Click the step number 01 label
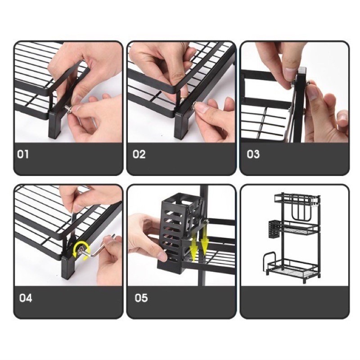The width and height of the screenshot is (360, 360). coord(23,154)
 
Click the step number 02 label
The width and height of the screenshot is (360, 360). coord(139,154)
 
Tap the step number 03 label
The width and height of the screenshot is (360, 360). coord(253,154)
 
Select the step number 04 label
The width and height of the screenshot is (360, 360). coord(26,298)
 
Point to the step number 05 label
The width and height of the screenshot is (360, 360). coord(141,298)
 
